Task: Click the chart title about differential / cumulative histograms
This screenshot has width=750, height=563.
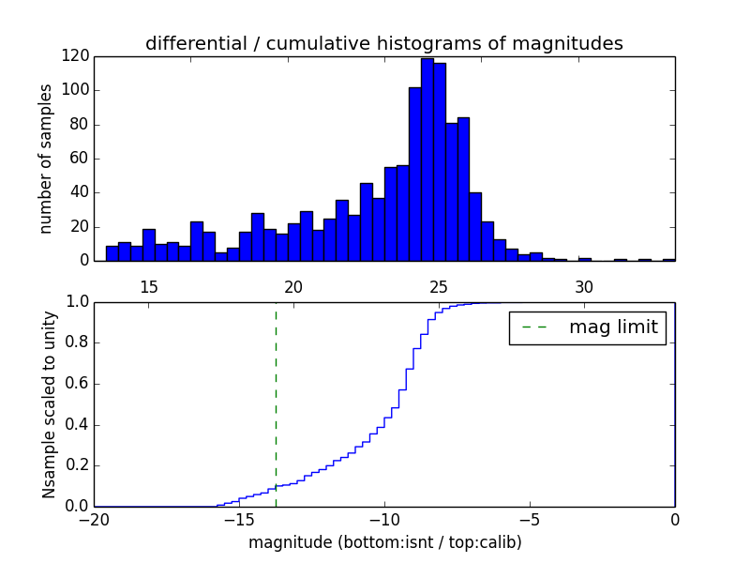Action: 383,43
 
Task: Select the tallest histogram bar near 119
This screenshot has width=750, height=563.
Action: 427,160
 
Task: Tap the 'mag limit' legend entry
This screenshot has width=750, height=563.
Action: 587,327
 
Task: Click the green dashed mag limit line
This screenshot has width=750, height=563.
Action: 276,403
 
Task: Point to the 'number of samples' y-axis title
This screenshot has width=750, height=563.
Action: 46,159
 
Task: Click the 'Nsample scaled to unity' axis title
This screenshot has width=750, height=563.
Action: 49,404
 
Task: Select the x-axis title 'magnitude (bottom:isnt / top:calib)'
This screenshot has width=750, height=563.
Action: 384,542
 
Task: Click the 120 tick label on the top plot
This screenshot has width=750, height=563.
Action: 76,56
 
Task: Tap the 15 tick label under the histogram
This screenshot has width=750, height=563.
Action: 148,286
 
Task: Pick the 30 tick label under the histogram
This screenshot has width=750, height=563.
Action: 584,286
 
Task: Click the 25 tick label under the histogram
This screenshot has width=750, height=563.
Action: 439,286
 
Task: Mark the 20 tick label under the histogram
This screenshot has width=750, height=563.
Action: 293,286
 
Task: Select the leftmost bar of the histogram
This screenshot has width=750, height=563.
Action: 112,253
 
